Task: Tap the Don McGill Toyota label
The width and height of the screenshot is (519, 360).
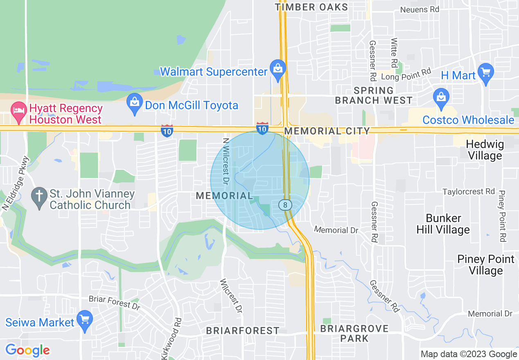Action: pyautogui.click(x=192, y=106)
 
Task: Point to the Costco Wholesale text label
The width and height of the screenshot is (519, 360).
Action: pyautogui.click(x=468, y=120)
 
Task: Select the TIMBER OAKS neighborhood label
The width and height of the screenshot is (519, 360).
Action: pyautogui.click(x=311, y=7)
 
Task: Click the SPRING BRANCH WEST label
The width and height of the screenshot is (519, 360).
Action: pyautogui.click(x=374, y=95)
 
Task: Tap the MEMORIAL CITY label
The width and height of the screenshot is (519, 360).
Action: pyautogui.click(x=327, y=131)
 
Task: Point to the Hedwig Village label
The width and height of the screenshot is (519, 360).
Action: pyautogui.click(x=485, y=150)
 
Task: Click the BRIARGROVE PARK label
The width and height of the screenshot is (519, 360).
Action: pyautogui.click(x=354, y=333)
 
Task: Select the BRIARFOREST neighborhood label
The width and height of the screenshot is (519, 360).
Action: pyautogui.click(x=243, y=331)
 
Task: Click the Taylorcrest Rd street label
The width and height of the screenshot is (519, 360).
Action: pyautogui.click(x=469, y=191)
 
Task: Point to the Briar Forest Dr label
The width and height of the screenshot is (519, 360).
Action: pyautogui.click(x=114, y=302)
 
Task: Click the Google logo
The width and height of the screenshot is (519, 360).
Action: pyautogui.click(x=27, y=350)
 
